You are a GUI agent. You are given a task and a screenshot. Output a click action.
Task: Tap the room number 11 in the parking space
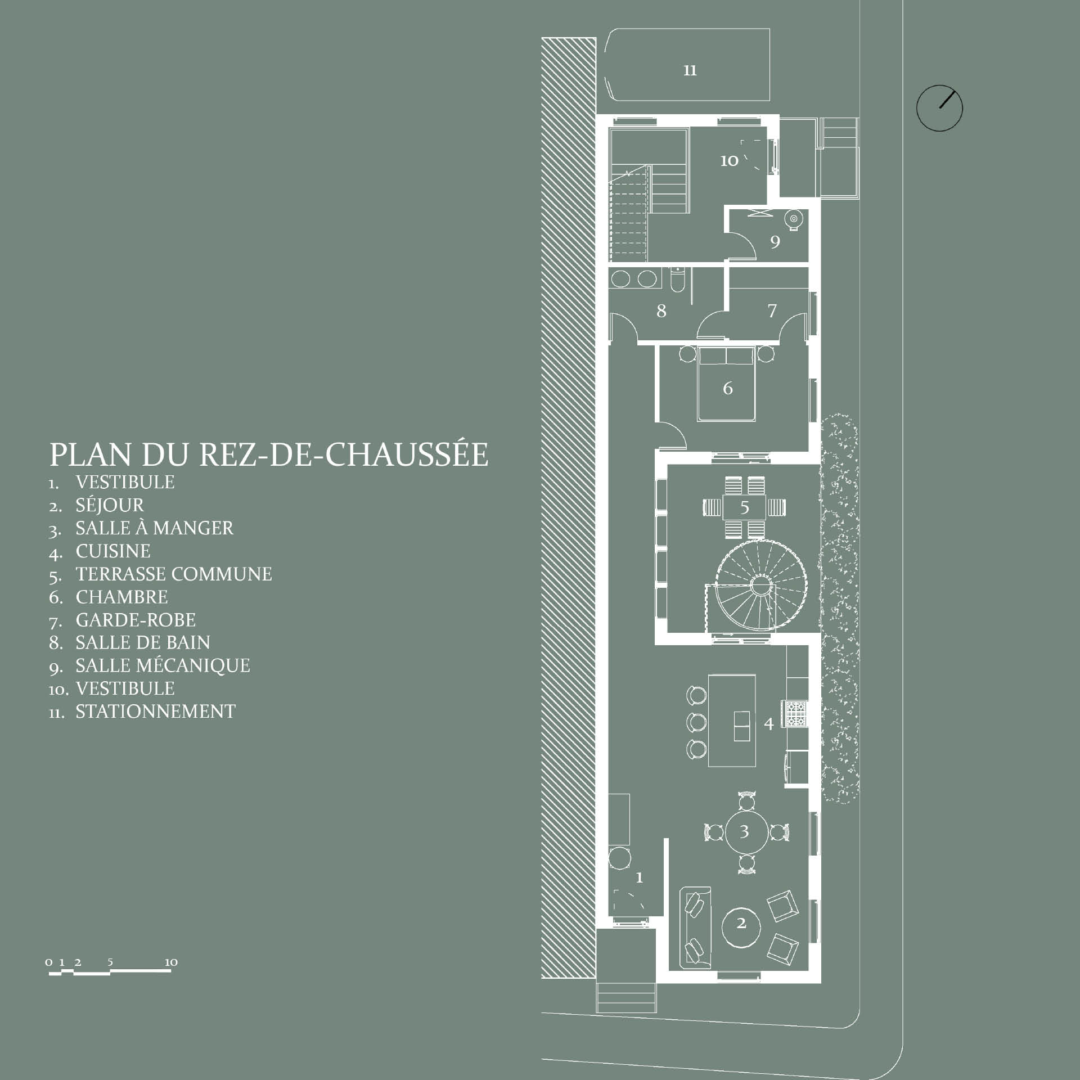click(x=690, y=70)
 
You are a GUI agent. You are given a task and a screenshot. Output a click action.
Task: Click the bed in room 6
click(x=726, y=384)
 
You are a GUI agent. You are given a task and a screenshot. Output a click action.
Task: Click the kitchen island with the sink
click(x=731, y=720)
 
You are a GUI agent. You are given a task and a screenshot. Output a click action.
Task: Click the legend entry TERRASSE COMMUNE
click(x=174, y=574)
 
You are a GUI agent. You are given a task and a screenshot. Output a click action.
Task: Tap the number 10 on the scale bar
click(x=171, y=962)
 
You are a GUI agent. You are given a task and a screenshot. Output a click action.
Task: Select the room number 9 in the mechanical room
click(x=775, y=242)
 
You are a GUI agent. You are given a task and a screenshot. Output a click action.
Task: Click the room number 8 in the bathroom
click(x=661, y=310)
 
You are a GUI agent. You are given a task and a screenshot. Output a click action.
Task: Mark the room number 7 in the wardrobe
click(x=772, y=310)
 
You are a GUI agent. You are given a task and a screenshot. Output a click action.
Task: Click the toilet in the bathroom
click(x=677, y=280)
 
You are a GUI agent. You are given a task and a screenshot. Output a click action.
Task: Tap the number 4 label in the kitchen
click(x=769, y=723)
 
